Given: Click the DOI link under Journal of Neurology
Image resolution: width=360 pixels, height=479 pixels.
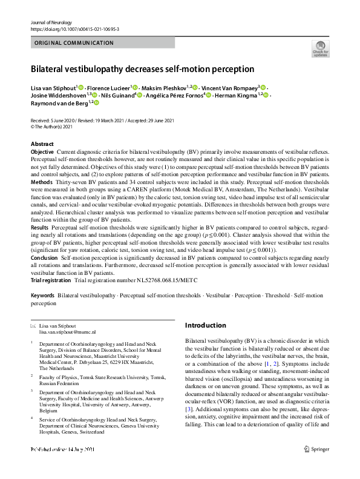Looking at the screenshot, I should coord(74,28).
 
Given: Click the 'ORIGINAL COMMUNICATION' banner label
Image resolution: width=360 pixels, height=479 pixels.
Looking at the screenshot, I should coord(74,43).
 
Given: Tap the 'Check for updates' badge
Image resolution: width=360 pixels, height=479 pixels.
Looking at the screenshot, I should coord(320,48).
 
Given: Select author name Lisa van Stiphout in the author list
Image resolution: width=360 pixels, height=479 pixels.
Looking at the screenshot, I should coord(53,88).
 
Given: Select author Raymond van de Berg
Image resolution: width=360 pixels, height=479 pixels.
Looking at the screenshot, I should coord(59,104).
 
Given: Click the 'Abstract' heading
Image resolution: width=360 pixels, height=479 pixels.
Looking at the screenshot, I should coord(42,144).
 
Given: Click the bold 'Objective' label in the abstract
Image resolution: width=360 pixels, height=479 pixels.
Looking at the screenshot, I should coord(42,151).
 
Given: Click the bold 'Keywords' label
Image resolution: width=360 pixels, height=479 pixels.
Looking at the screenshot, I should coord(42,296).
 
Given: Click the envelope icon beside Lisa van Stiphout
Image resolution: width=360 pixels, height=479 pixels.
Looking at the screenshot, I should coord(33,326).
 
